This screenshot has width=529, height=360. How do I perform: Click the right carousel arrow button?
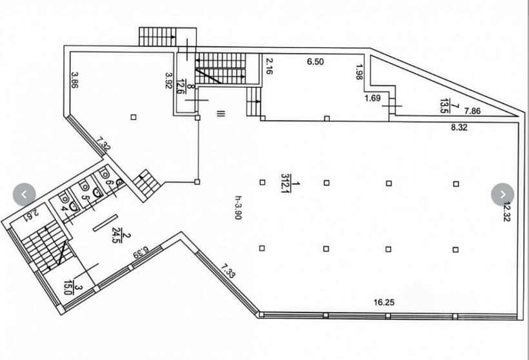[503, 194]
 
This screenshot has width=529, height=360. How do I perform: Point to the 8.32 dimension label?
[459, 128]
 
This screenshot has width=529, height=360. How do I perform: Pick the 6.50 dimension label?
[316, 62]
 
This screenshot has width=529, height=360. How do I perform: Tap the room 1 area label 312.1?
[286, 183]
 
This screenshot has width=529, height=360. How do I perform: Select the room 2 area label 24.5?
[117, 237]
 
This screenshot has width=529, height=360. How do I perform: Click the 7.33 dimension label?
[228, 270]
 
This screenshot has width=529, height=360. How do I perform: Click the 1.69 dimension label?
[373, 98]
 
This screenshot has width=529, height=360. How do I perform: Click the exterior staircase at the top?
[154, 36]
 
